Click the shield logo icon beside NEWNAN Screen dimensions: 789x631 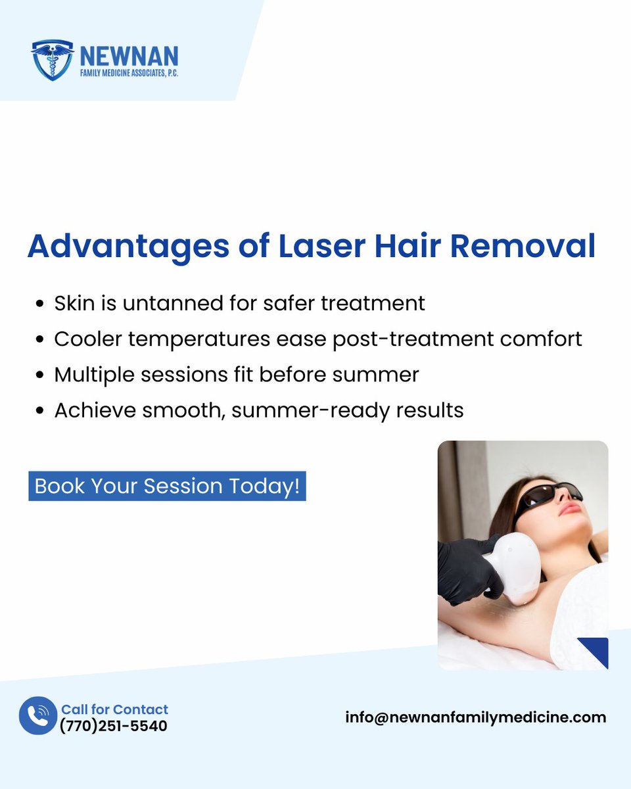tap(52, 60)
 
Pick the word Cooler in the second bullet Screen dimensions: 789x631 tap(89, 339)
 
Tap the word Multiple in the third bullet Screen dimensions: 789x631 tap(93, 374)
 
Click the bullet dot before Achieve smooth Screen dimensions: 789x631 tap(41, 411)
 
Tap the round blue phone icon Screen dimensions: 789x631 tap(38, 715)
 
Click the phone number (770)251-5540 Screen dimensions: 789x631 tap(114, 726)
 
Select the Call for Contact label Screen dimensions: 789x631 tap(115, 709)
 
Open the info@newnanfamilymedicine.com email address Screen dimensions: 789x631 tap(476, 717)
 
